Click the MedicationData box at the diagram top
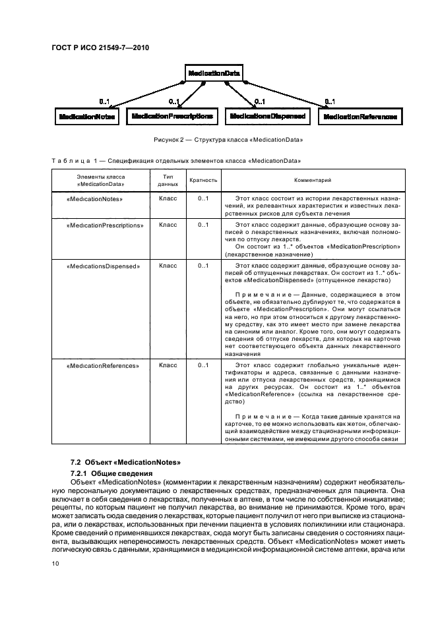coord(214,73)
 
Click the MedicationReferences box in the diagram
coord(360,117)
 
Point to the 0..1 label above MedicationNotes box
coord(104,102)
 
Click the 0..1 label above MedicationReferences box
coord(329,102)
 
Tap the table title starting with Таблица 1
coord(177,160)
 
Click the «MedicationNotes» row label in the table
coord(96,197)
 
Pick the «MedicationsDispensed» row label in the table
coord(104,266)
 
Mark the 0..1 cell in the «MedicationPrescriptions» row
coord(203,225)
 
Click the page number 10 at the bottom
coord(55,562)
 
